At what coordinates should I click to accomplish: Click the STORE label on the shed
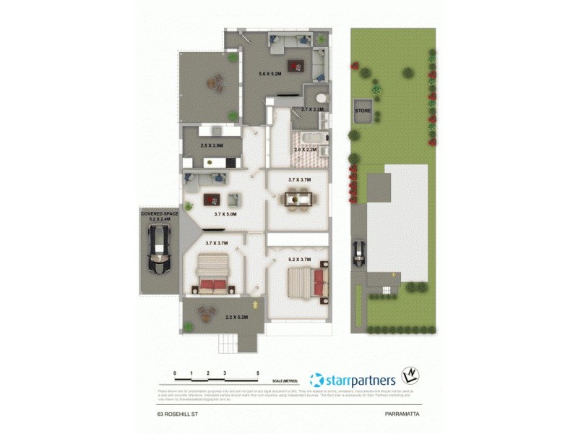tap(362, 111)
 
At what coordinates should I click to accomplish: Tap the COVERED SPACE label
tap(159, 213)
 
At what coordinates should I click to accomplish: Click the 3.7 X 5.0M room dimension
tap(226, 213)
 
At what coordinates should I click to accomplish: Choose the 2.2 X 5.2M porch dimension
tap(236, 317)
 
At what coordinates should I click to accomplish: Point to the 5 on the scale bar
tap(258, 373)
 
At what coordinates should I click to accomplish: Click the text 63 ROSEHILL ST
tap(178, 414)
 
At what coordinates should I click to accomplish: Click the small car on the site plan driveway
tap(358, 253)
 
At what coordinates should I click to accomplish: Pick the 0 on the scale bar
tap(175, 373)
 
